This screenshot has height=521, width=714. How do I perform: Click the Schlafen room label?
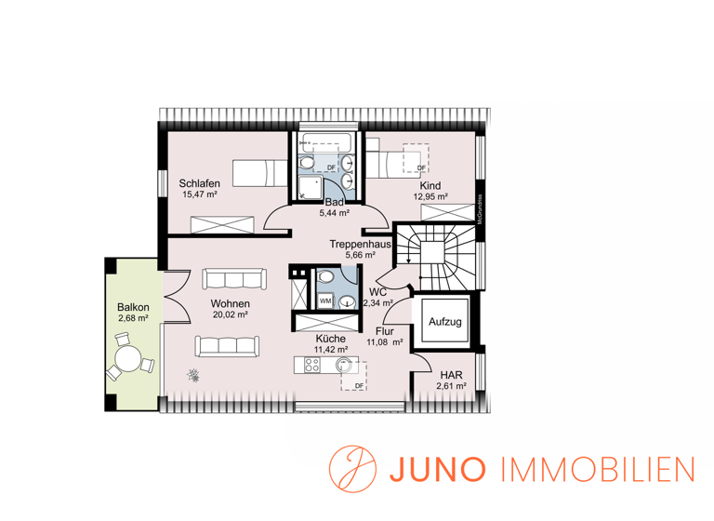(x=200, y=182)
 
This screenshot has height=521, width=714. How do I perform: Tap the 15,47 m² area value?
(x=200, y=195)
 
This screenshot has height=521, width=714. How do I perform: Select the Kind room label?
(x=430, y=185)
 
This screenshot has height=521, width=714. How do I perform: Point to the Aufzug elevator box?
(x=444, y=322)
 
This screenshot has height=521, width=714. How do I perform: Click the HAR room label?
(x=452, y=376)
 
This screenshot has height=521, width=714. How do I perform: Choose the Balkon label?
(x=133, y=307)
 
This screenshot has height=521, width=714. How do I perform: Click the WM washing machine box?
(x=325, y=301)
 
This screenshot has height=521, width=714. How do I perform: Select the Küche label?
(x=331, y=339)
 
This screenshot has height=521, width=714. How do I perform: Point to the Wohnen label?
(x=230, y=304)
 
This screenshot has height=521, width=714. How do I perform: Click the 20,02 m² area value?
(x=230, y=316)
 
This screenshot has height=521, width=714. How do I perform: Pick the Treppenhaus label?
(x=360, y=244)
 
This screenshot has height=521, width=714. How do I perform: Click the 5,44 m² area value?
(x=335, y=213)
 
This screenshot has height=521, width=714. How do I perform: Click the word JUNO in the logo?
(x=428, y=467)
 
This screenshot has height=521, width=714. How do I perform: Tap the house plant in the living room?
(x=193, y=376)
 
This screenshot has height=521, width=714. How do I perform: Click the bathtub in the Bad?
(x=324, y=146)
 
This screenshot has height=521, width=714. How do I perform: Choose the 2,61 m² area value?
(x=452, y=387)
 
